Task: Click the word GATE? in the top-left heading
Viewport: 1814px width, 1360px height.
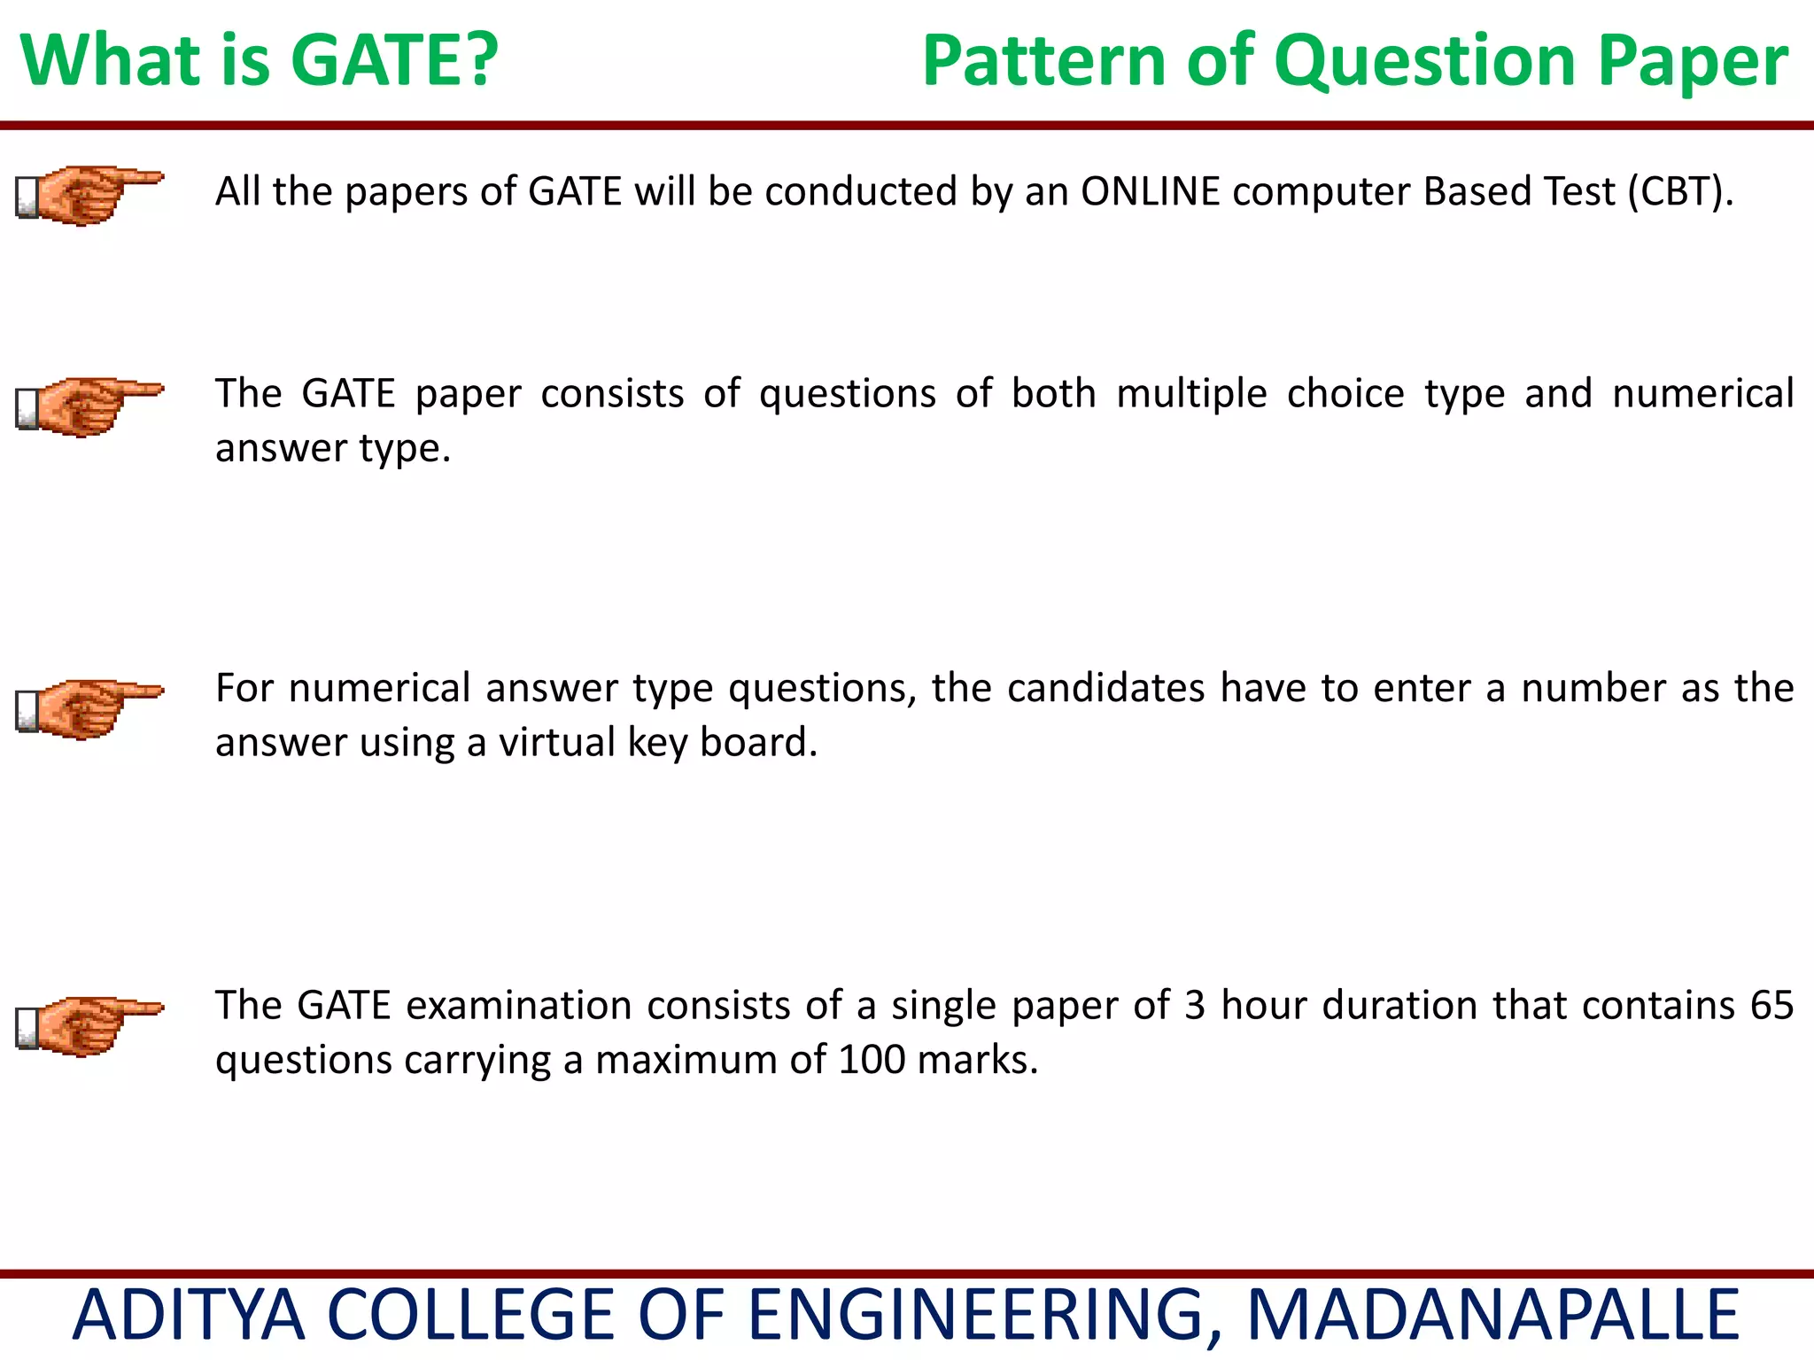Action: coord(394,60)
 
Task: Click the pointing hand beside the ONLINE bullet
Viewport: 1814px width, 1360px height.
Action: coord(89,194)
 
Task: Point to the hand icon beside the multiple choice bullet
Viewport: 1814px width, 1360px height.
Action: coord(89,406)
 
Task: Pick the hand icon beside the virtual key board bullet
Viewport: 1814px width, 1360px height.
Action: coord(89,707)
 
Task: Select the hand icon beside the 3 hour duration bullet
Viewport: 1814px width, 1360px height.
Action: coord(89,1025)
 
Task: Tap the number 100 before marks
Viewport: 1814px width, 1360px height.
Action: coord(872,1060)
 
